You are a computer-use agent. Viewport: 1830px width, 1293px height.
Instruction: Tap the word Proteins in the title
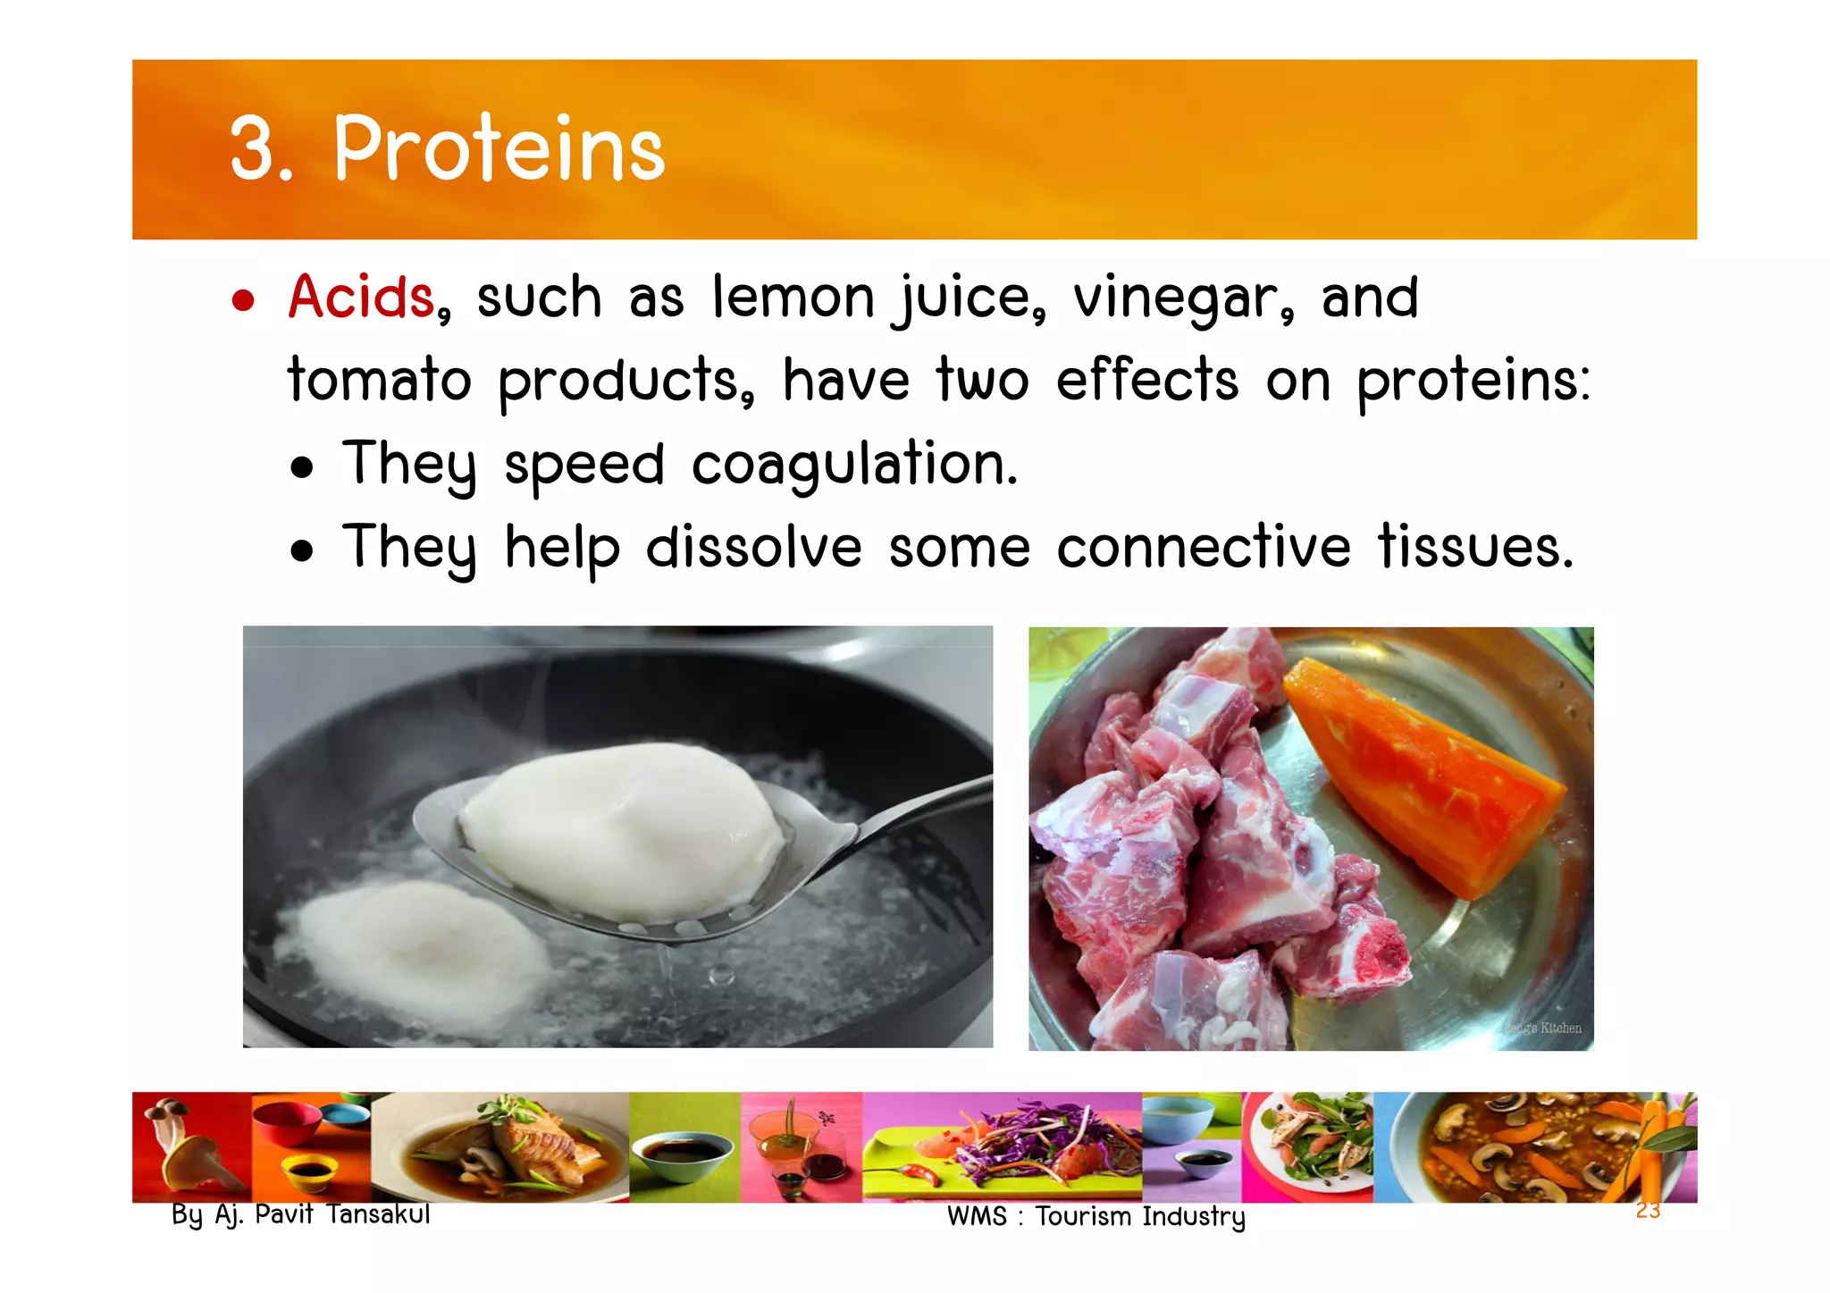(499, 149)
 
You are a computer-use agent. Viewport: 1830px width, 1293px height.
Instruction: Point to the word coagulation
(854, 465)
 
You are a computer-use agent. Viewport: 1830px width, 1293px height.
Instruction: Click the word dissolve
(753, 547)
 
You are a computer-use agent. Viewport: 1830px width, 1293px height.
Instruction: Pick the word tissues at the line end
(1474, 547)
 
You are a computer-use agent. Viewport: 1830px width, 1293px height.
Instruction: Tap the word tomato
(379, 381)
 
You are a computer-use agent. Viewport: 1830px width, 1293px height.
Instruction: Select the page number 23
(1648, 1211)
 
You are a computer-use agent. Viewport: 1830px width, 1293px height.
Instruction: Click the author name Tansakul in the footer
(378, 1214)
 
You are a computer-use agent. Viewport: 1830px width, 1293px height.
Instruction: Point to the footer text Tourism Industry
(1140, 1216)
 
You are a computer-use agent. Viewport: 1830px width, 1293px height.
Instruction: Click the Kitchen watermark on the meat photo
(1559, 1028)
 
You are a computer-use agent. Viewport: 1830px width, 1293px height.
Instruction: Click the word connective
(1203, 547)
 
